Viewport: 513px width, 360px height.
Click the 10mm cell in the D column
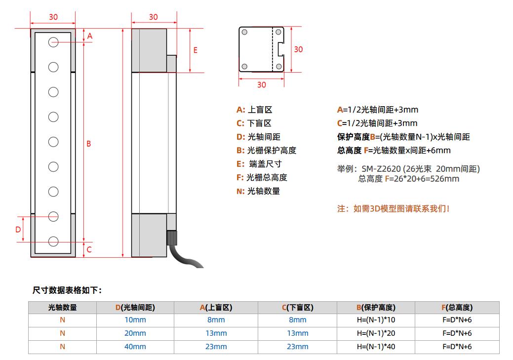coord(135,320)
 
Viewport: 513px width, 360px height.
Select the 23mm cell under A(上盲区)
coord(216,347)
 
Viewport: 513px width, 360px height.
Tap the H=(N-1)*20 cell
coord(376,333)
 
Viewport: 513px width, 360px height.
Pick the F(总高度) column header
coord(457,307)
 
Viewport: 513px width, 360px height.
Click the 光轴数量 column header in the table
coord(63,307)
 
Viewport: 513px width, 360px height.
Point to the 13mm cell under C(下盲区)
coord(297,333)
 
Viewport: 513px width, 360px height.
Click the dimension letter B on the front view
coord(89,143)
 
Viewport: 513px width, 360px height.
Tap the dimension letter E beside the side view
coord(196,50)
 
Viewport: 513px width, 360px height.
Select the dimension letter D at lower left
coord(18,230)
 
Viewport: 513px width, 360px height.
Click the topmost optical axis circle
coord(53,42)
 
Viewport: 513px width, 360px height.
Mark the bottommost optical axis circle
coord(53,241)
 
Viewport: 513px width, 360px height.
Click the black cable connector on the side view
coord(172,238)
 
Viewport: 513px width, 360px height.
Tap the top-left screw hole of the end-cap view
coord(244,32)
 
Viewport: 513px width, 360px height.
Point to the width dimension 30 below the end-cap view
coord(261,85)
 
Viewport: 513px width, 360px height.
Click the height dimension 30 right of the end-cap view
coord(298,49)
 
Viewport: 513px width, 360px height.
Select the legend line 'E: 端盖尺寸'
coord(259,163)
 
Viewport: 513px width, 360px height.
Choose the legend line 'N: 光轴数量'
coord(258,191)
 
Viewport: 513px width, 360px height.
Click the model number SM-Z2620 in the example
coord(381,169)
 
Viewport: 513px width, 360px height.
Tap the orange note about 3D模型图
coord(393,208)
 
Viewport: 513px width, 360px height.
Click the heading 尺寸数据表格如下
coord(67,290)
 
